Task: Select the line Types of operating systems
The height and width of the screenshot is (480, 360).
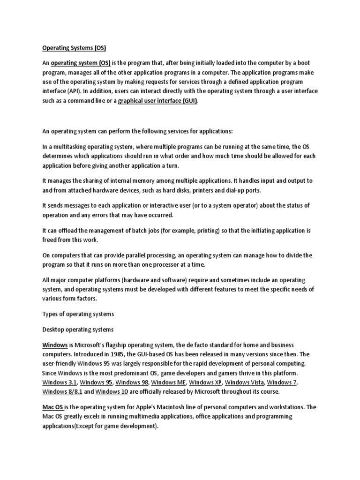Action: pos(78,313)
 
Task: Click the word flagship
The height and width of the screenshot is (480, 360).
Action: pos(126,345)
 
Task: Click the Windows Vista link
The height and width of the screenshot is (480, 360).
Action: pos(246,383)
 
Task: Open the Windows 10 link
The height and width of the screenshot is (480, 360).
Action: pos(114,391)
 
